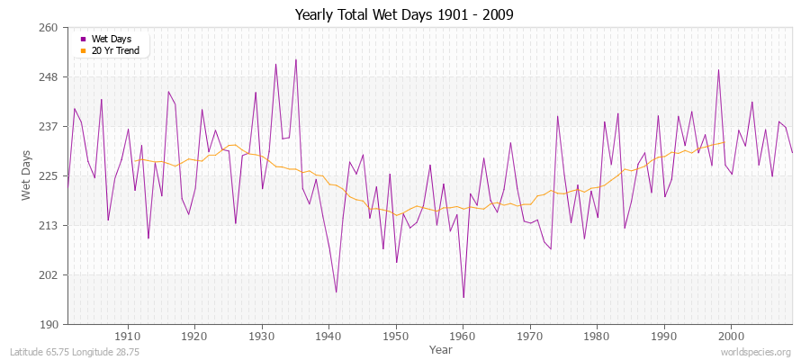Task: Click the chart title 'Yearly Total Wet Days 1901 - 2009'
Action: click(x=404, y=15)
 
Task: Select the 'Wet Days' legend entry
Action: click(x=111, y=39)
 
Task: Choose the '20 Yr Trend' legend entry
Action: click(x=115, y=50)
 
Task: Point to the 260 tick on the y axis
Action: click(x=48, y=28)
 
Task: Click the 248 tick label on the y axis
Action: click(x=48, y=77)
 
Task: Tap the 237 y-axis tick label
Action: click(x=48, y=127)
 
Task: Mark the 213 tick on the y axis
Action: click(x=48, y=226)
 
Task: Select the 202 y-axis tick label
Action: click(x=48, y=275)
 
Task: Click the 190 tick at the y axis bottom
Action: click(x=48, y=324)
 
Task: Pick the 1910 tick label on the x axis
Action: click(x=128, y=335)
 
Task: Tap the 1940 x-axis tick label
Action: click(x=328, y=335)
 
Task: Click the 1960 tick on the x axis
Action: click(x=463, y=335)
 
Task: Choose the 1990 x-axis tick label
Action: click(x=664, y=335)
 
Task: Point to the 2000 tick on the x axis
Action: click(x=731, y=335)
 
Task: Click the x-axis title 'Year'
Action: click(x=441, y=349)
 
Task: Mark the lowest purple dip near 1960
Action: click(x=463, y=297)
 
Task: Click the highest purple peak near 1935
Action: click(x=296, y=59)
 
